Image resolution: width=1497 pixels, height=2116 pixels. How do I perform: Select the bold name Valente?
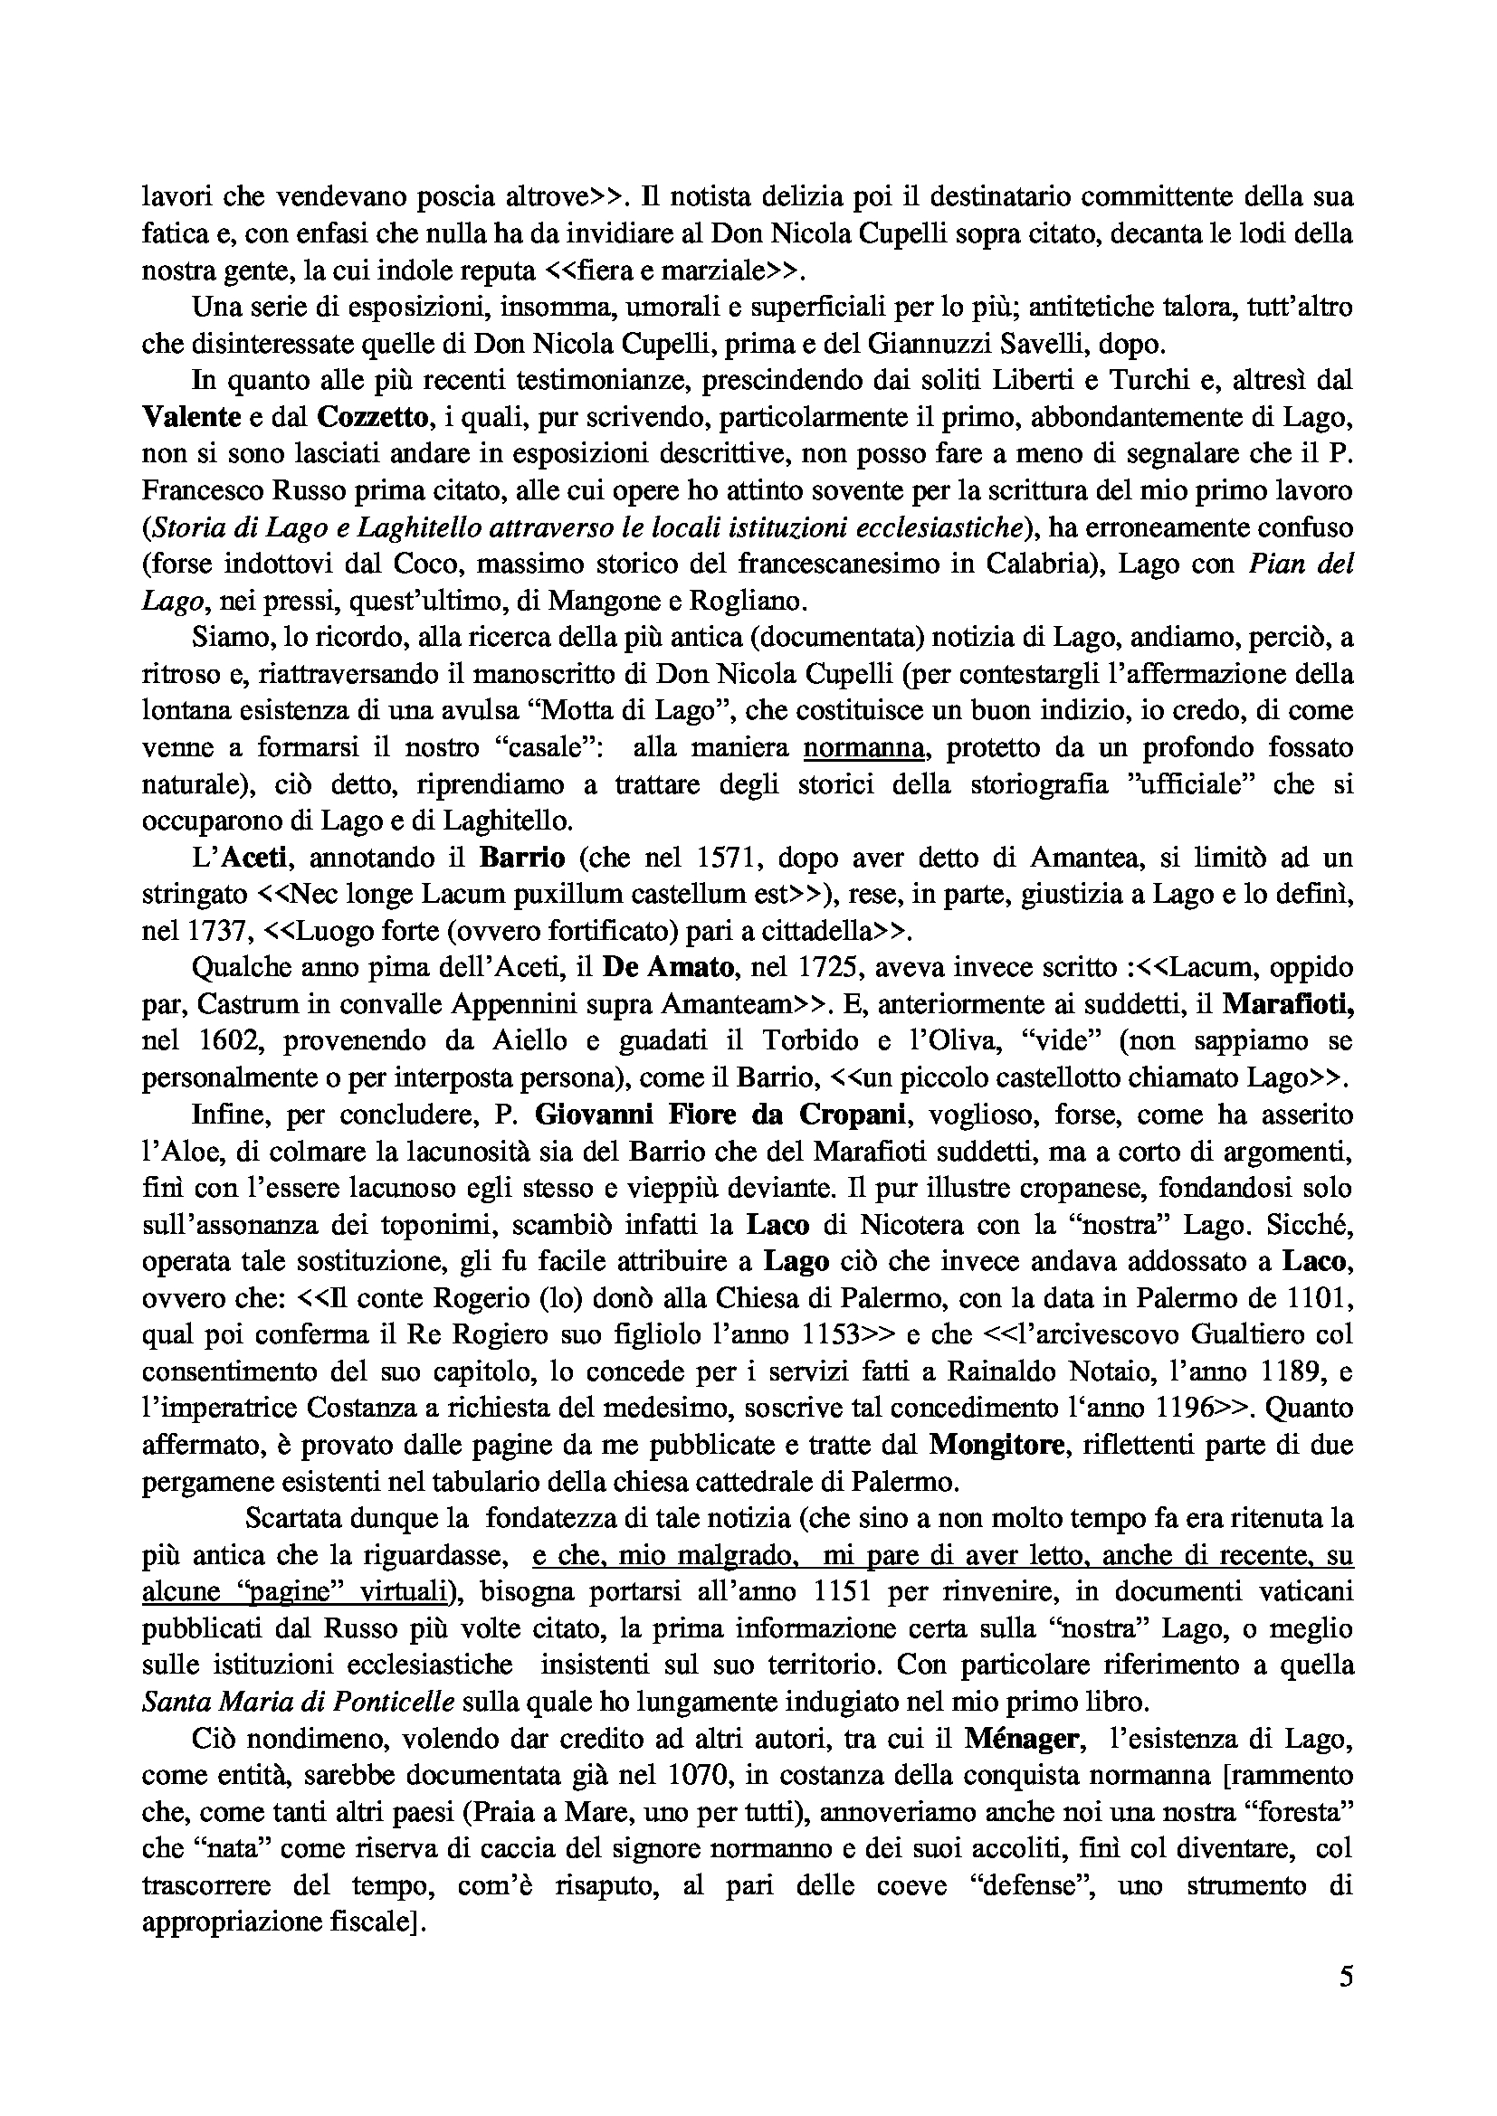(190, 417)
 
